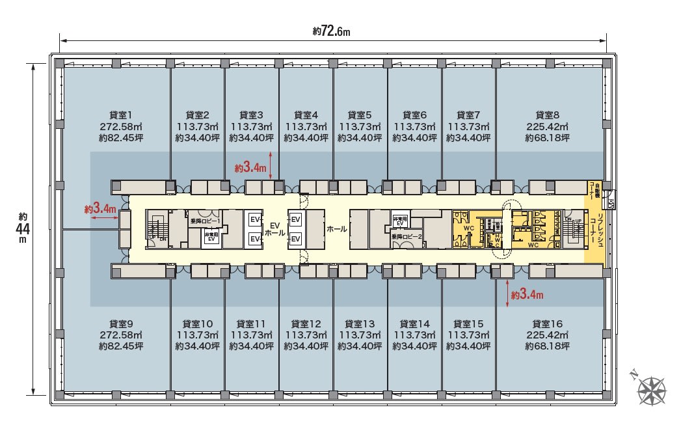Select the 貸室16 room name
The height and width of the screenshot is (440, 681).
point(547,323)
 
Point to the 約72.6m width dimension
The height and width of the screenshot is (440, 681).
point(331,31)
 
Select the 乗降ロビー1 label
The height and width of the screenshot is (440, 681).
point(204,221)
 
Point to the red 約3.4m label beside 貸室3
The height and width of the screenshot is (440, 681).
point(250,168)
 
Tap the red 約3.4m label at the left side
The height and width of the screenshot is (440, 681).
point(100,209)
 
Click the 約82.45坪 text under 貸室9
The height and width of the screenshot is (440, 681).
point(121,346)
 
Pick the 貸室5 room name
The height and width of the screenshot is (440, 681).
point(360,115)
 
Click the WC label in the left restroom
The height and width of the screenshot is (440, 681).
point(468,228)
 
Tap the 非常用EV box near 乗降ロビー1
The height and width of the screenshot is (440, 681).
point(211,236)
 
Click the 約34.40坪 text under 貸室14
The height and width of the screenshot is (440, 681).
point(414,346)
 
